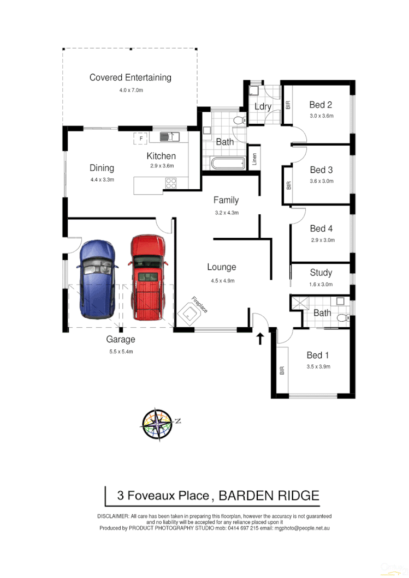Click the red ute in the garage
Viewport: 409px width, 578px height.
(x=147, y=276)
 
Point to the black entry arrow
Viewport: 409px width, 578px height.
(x=260, y=338)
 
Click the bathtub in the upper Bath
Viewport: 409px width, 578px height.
(x=227, y=162)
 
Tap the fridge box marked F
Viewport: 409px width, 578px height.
(x=141, y=138)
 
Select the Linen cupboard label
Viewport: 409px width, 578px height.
(x=254, y=159)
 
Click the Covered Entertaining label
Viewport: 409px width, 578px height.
(x=131, y=77)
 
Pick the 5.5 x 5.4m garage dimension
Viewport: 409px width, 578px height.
(x=121, y=352)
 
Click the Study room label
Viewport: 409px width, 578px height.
(x=321, y=273)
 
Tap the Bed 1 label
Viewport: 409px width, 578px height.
(x=318, y=356)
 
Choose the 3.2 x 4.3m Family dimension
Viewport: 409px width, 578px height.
(x=226, y=213)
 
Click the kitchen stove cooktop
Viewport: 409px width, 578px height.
(x=170, y=183)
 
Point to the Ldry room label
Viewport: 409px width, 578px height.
(x=263, y=106)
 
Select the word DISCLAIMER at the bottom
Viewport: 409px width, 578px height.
(x=113, y=516)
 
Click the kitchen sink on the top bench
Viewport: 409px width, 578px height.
(x=169, y=136)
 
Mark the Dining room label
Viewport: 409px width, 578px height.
(x=102, y=168)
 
